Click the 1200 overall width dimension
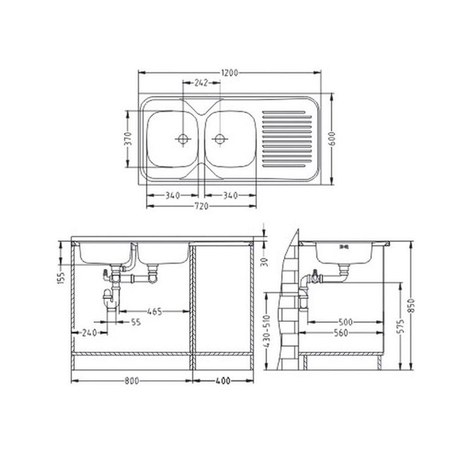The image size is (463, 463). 230,73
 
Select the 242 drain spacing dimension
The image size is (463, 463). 201,83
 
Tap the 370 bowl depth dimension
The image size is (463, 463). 128,138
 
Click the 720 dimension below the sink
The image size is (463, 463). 201,206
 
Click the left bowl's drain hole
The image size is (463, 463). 183,138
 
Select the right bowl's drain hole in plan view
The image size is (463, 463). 219,138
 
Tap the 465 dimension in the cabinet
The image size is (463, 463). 155,311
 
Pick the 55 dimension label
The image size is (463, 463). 136,322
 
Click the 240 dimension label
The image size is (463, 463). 89,333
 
